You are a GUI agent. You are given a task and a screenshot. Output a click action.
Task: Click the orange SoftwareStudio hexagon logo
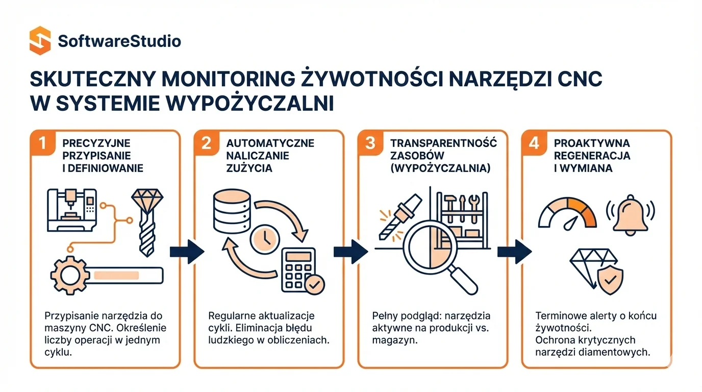click(x=40, y=40)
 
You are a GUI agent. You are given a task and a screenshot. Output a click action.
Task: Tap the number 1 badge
click(x=43, y=143)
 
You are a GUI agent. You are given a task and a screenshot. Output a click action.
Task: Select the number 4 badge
click(x=534, y=143)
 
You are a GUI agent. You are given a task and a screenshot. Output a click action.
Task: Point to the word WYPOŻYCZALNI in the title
click(x=249, y=103)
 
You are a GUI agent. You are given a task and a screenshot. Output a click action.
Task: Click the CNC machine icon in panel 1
click(x=72, y=210)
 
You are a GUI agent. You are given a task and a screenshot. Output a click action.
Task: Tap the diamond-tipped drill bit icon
click(x=147, y=223)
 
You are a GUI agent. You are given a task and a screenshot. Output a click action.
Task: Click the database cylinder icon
click(x=232, y=211)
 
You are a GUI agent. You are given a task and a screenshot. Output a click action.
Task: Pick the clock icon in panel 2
click(x=265, y=239)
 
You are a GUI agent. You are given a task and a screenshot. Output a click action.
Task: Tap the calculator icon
click(x=298, y=269)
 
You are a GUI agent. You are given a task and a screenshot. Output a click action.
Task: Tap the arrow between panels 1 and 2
click(x=187, y=252)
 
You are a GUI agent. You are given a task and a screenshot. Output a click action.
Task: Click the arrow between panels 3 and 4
click(x=515, y=252)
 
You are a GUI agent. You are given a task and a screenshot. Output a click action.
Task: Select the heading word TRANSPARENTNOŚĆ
click(x=443, y=143)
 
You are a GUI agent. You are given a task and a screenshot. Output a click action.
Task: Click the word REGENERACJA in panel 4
click(x=592, y=156)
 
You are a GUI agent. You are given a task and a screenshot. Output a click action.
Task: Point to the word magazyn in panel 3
click(x=395, y=340)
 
